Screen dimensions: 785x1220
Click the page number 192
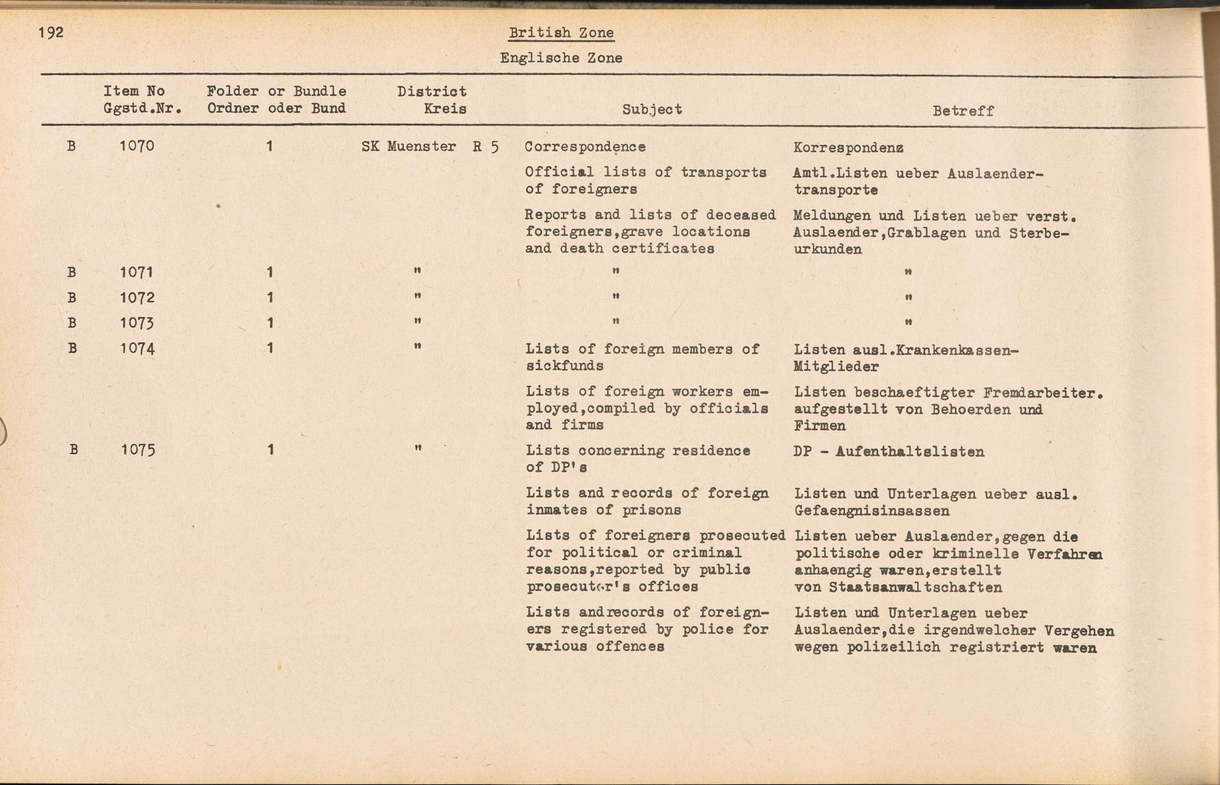pos(51,32)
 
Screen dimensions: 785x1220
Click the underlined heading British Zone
pos(561,33)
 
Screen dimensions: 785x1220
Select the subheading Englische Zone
pos(561,59)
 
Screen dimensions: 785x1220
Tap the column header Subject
pos(652,110)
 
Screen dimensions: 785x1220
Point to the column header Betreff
pos(963,111)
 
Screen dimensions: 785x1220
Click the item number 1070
pos(137,147)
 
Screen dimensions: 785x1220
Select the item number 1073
pos(137,323)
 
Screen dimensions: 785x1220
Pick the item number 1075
pos(137,450)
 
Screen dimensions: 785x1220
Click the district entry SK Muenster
pos(409,147)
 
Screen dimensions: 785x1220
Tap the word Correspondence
pos(585,147)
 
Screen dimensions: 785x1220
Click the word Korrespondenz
pos(849,148)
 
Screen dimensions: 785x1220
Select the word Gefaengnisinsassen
pos(872,511)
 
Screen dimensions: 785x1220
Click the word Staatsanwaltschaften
pos(915,588)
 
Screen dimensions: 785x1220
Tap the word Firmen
pos(820,426)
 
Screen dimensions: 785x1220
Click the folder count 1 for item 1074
pos(270,349)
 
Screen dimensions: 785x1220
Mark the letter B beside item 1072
pos(72,298)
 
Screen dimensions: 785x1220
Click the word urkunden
pos(828,250)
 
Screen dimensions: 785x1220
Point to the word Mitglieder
pos(836,367)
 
